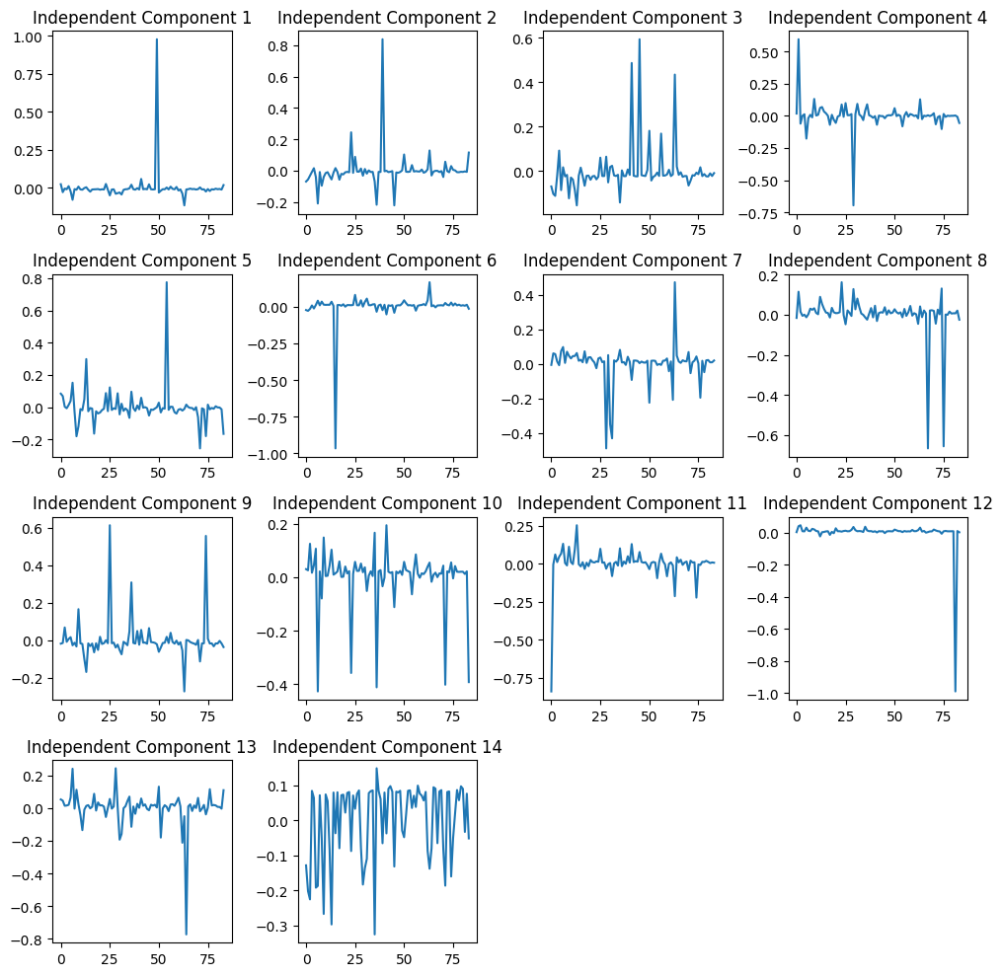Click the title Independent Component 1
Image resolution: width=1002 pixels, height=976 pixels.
point(142,17)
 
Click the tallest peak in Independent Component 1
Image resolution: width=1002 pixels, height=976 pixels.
point(157,39)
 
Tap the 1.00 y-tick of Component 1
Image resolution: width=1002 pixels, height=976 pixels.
point(30,37)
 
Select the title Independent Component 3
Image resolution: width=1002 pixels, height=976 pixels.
point(633,17)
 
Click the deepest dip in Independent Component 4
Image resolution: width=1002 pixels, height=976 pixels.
point(853,205)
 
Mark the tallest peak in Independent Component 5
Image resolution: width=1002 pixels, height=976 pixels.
point(166,282)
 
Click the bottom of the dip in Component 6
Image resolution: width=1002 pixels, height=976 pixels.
point(336,448)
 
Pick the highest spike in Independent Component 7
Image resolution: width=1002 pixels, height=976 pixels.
point(675,282)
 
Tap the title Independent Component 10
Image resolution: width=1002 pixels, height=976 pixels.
point(387,503)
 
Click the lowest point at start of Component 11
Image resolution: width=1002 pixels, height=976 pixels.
point(552,691)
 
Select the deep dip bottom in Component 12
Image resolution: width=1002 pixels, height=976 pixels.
point(955,691)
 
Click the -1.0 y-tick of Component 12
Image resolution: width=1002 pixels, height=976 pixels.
point(771,694)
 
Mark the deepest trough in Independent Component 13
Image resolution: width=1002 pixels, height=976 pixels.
point(187,934)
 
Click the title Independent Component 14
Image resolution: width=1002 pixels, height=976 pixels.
point(387,747)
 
